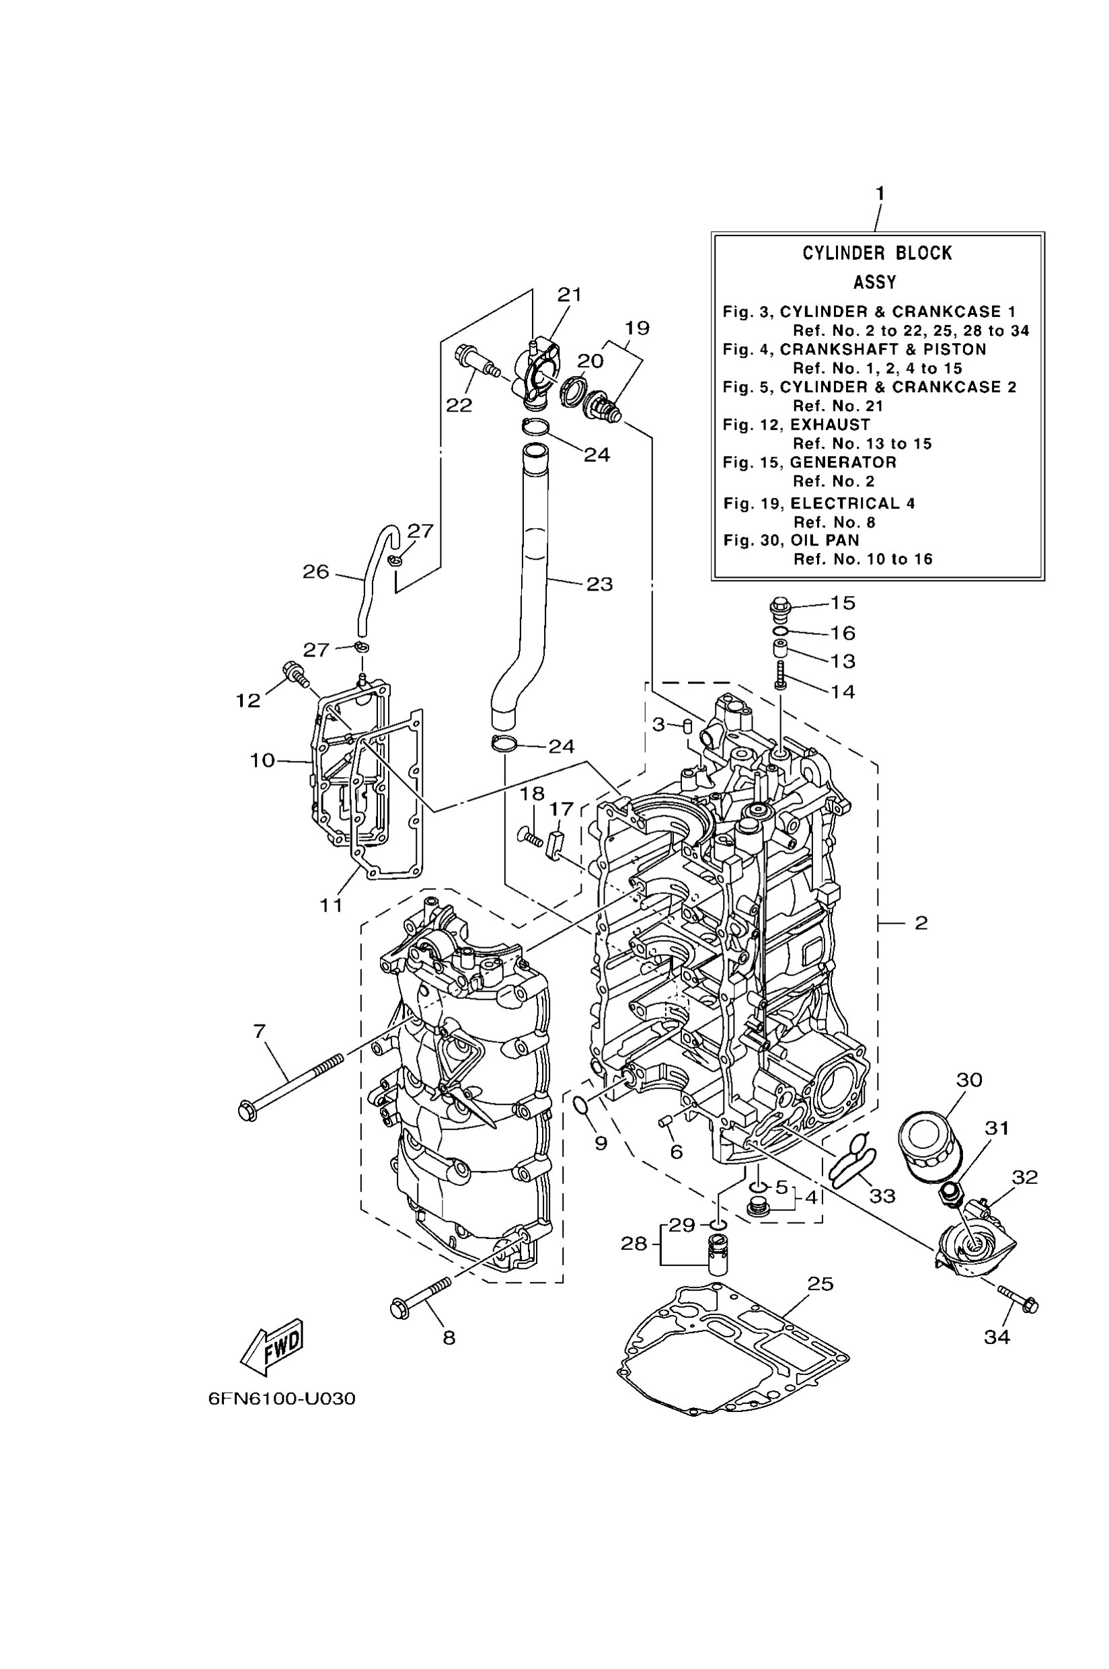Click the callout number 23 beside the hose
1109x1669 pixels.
point(599,585)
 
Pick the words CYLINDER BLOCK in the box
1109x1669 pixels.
point(877,254)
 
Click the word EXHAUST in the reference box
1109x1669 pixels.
point(830,424)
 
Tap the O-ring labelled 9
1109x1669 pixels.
point(581,1105)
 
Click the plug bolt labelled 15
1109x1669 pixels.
point(779,607)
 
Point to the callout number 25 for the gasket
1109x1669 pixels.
point(820,1284)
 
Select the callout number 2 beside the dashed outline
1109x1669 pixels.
point(921,922)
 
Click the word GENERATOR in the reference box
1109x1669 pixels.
point(843,463)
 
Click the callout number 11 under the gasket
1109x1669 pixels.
point(331,904)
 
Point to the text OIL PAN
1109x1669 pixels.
point(825,541)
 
